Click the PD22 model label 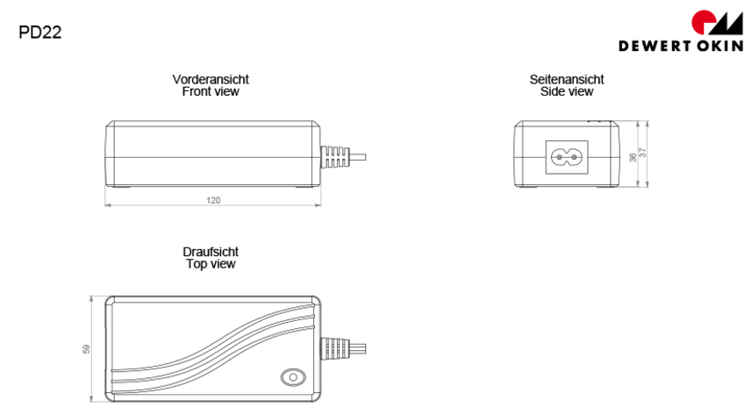click(x=39, y=33)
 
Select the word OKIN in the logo click(x=713, y=47)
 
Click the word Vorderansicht click(x=211, y=80)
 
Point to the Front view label click(x=211, y=91)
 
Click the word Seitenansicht click(x=567, y=80)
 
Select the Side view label click(x=567, y=91)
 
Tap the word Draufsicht click(x=211, y=252)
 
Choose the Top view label click(x=211, y=263)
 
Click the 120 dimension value click(x=213, y=201)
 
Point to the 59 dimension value click(x=86, y=348)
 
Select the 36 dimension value click(x=633, y=156)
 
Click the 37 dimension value click(x=643, y=154)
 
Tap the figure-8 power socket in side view click(x=566, y=156)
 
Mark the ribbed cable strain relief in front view click(x=333, y=156)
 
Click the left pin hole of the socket click(x=558, y=156)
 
